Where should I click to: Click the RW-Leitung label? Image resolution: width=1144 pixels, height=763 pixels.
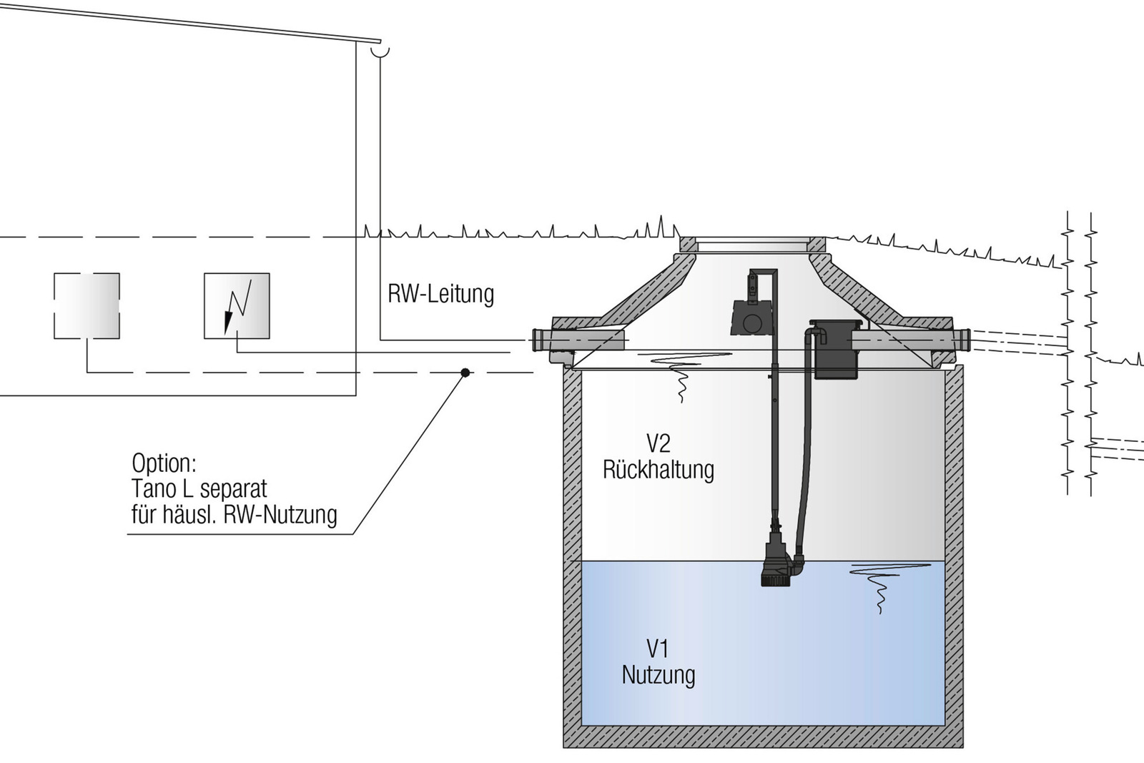coord(440,294)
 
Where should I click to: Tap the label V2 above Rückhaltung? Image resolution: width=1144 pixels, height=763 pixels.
coord(658,443)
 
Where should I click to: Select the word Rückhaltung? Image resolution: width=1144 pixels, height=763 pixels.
coord(658,470)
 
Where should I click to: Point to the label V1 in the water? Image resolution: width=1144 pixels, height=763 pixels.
coord(657,649)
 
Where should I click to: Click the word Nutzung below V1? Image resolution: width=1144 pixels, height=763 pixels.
coord(658,675)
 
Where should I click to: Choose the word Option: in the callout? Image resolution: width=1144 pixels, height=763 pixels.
coord(164,463)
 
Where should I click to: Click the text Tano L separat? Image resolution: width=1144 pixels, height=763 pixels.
coord(199,489)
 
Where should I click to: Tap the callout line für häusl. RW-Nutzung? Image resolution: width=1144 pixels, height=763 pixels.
coord(234,515)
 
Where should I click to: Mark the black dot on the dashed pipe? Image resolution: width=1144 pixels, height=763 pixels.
coord(465,373)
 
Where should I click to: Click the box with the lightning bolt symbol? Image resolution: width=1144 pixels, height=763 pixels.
coord(237,306)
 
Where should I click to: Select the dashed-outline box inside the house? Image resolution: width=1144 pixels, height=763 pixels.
coord(87,306)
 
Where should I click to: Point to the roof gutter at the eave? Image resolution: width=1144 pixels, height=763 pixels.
coord(380,50)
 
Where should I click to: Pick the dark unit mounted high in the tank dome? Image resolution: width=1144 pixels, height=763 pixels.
coord(751,315)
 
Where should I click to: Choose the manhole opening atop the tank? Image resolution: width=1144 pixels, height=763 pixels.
coord(754,245)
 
